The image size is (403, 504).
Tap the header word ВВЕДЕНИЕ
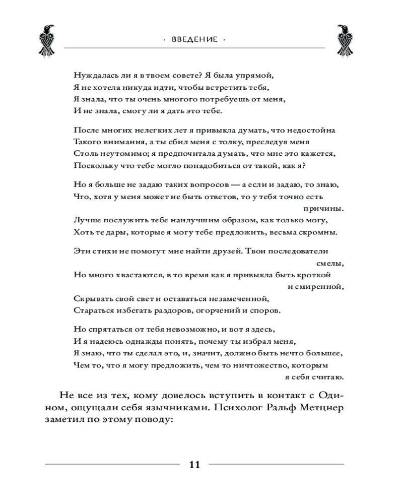(x=194, y=39)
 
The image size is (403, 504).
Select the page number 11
(x=194, y=465)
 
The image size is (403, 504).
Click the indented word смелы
(x=332, y=263)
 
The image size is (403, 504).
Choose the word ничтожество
(x=254, y=364)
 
